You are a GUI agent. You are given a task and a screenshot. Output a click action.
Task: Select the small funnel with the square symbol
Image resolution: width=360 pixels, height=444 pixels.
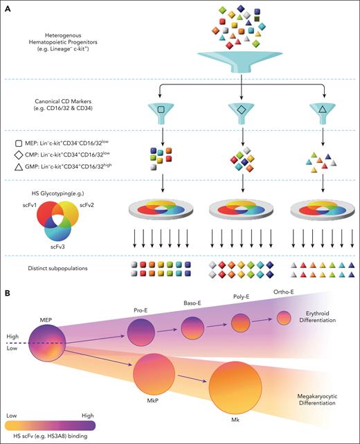pos(160,110)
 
